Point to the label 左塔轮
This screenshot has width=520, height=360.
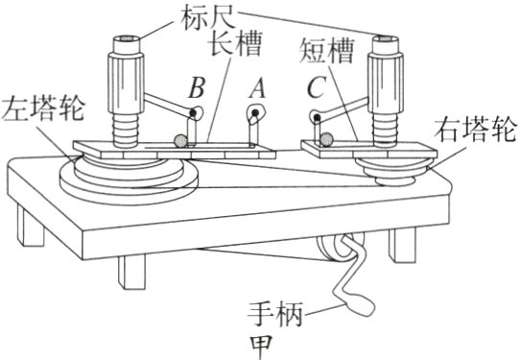click(x=37, y=105)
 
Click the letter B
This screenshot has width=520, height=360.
click(x=197, y=88)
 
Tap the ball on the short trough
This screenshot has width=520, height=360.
click(x=328, y=140)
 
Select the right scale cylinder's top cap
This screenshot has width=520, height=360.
click(x=389, y=39)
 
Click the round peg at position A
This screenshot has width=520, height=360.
click(x=255, y=115)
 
